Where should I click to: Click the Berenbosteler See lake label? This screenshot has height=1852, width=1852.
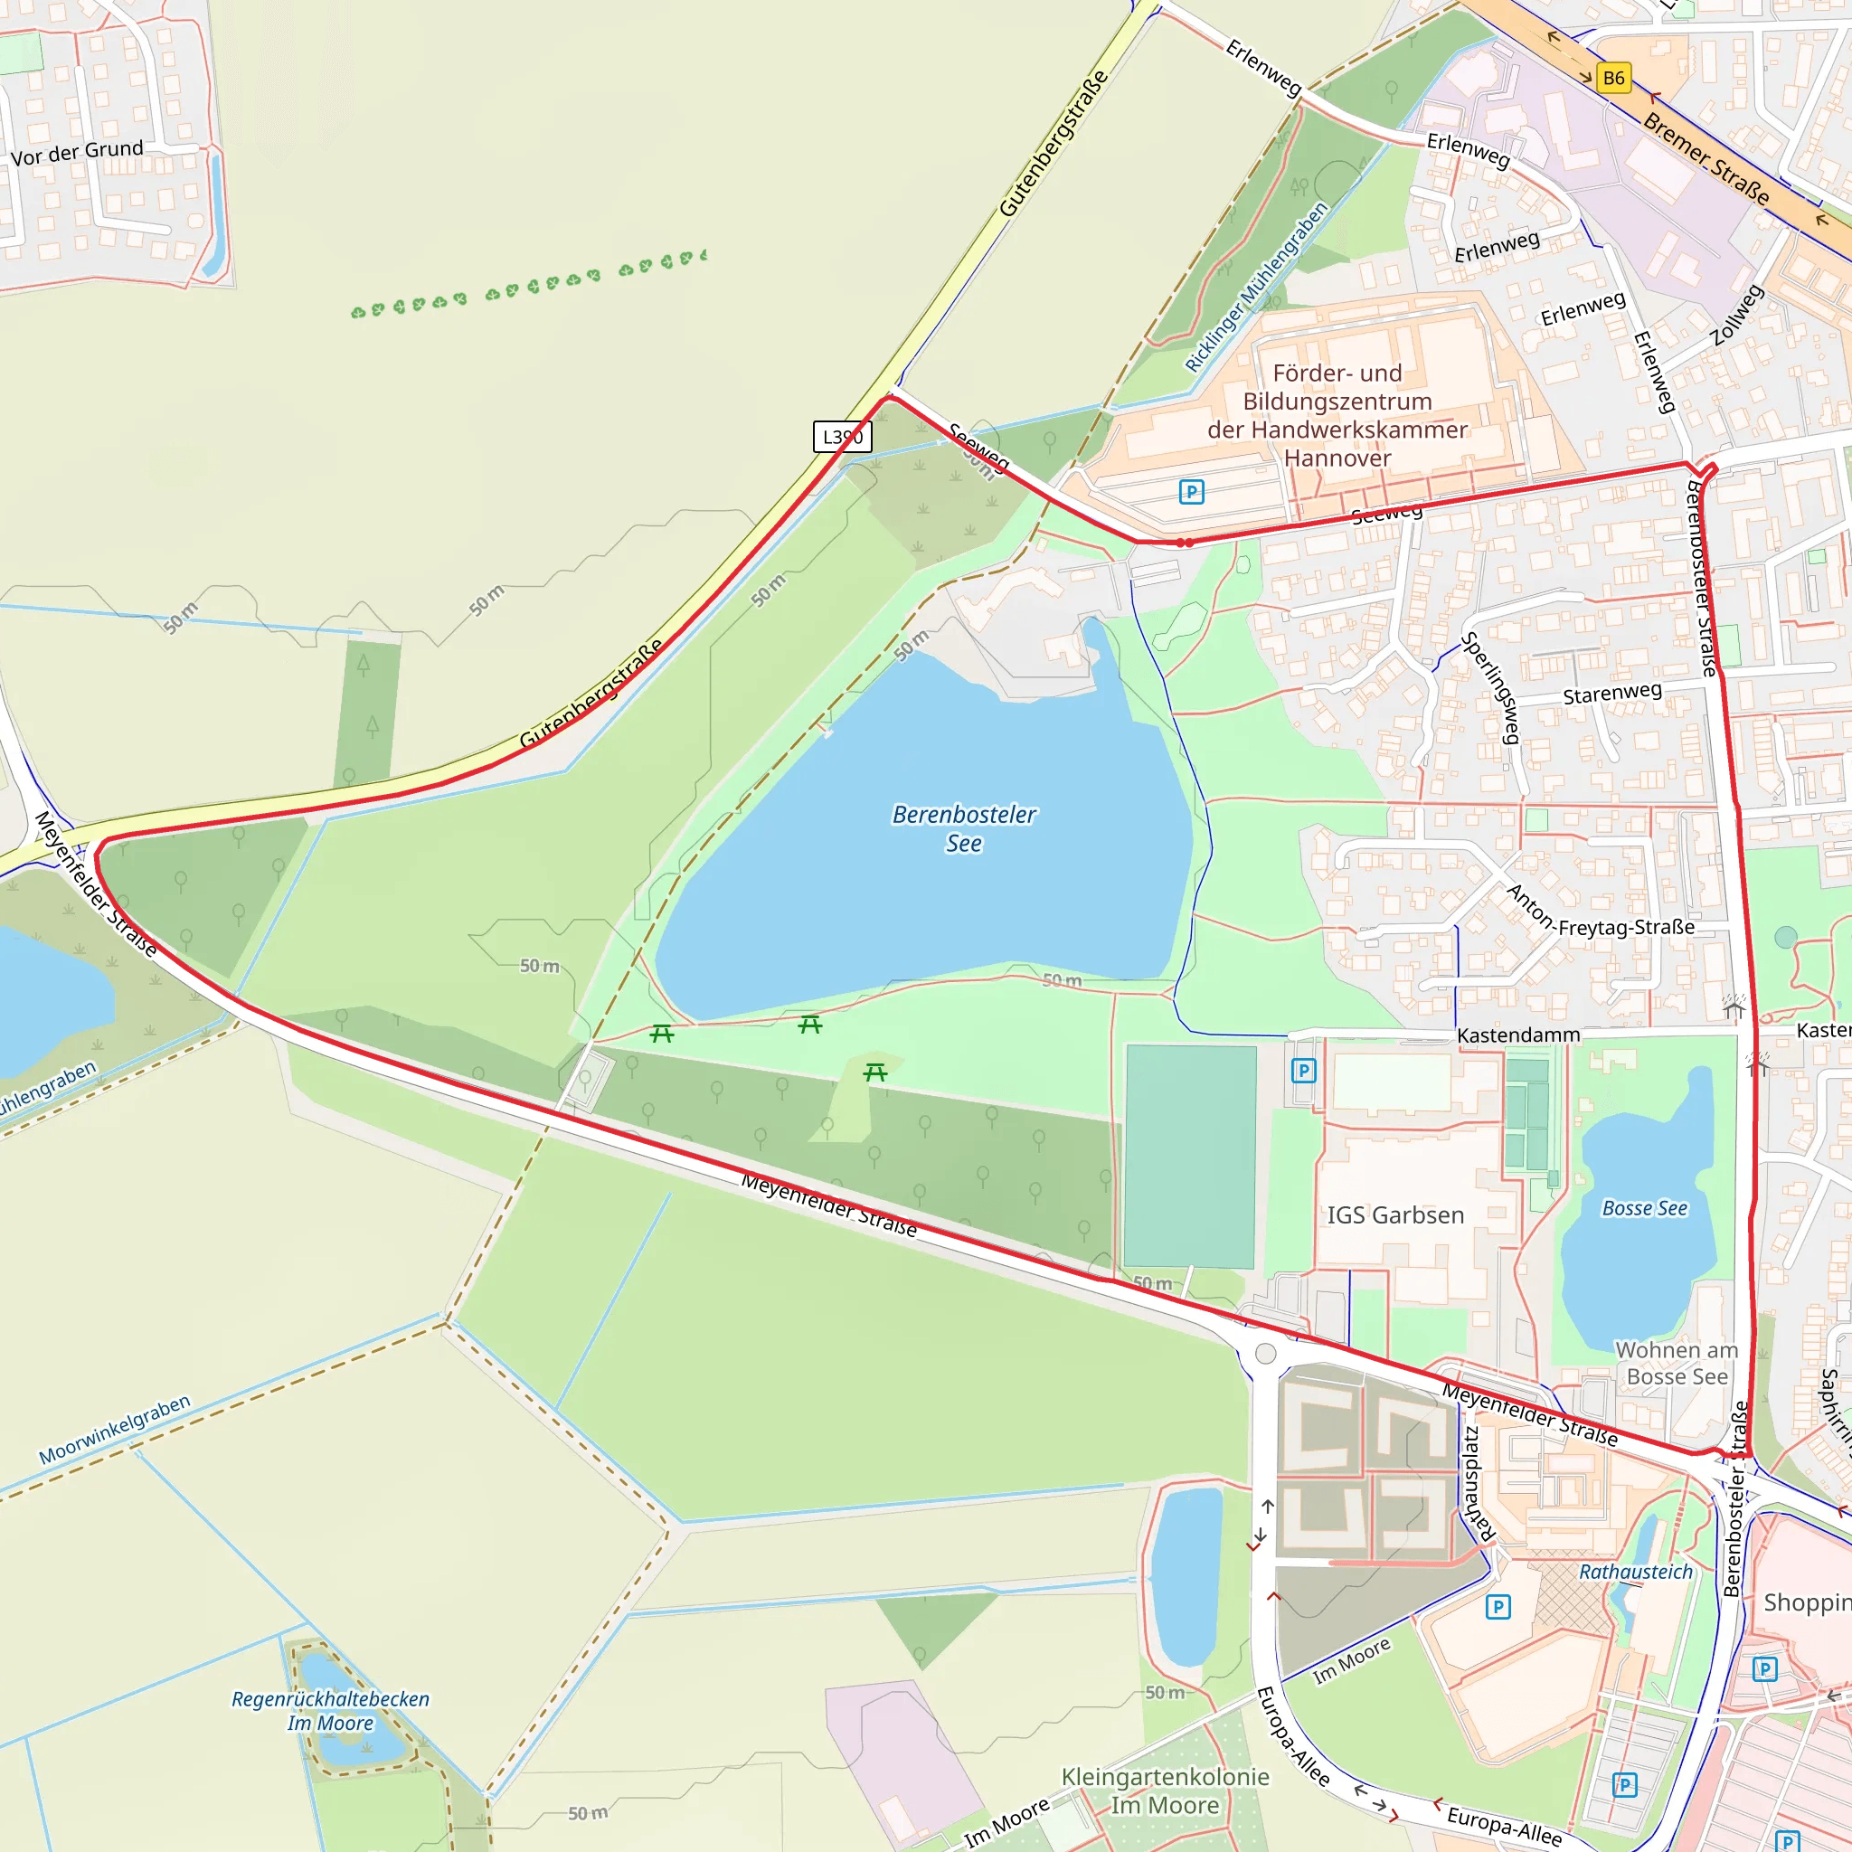coord(963,828)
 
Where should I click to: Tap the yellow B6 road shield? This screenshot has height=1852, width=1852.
coord(1613,79)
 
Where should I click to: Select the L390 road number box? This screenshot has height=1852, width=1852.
coord(842,437)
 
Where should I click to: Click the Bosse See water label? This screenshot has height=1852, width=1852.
coord(1644,1209)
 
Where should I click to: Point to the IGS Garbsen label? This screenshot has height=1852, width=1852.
coord(1394,1215)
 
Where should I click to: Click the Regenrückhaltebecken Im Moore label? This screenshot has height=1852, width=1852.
coord(330,1710)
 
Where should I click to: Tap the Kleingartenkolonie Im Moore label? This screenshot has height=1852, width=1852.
coord(1165,1791)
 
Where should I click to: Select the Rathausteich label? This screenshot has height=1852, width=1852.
coord(1635,1572)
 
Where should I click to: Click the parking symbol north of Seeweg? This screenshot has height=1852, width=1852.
coord(1191,492)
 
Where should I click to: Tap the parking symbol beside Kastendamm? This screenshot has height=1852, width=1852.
coord(1303,1070)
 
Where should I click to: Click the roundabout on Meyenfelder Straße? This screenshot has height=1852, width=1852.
coord(1265,1353)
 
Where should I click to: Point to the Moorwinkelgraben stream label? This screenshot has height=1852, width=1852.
coord(115,1430)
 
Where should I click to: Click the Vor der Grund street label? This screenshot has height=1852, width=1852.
coord(77,153)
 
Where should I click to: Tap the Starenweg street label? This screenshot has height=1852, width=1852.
coord(1612,693)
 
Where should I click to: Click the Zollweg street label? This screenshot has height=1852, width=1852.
coord(1737,316)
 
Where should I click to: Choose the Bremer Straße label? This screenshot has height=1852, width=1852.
coord(1706,158)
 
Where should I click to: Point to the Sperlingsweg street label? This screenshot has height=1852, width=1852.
coord(1492,687)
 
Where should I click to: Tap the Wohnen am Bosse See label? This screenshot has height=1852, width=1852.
coord(1677,1363)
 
